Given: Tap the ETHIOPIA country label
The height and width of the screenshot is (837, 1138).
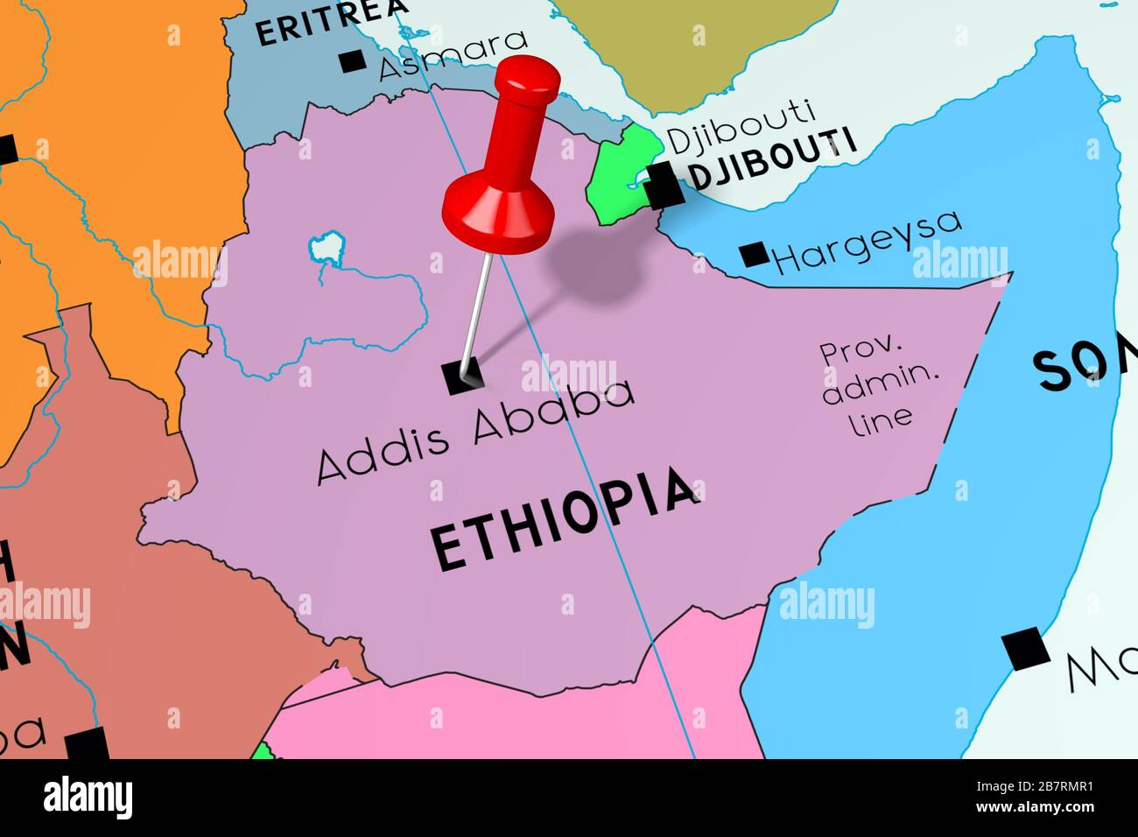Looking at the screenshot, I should pos(565,519).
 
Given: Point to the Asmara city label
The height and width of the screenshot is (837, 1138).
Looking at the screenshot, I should pos(453,54).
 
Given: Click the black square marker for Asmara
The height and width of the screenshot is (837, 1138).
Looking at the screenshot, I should pos(353,60).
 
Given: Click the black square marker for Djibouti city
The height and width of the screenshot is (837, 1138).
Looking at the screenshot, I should pos(662,184).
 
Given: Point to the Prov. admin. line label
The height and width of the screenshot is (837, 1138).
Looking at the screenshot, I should pos(879,386).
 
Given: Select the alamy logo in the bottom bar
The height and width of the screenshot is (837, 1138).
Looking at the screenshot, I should pos(88,798).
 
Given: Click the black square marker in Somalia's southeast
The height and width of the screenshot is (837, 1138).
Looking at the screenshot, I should pos(1025,649).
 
